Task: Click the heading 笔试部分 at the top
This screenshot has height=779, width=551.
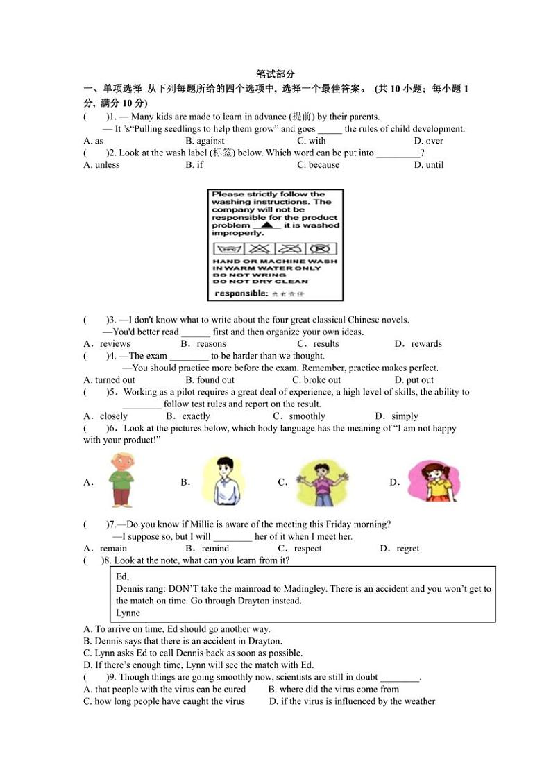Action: pyautogui.click(x=275, y=74)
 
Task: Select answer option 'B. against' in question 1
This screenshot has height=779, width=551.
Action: pyautogui.click(x=205, y=141)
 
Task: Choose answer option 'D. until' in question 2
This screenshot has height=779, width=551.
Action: pyautogui.click(x=428, y=165)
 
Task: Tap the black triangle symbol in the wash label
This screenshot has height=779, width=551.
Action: pyautogui.click(x=267, y=225)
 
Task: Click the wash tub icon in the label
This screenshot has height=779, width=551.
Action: pyautogui.click(x=227, y=248)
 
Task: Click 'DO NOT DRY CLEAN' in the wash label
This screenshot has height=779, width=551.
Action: pyautogui.click(x=260, y=282)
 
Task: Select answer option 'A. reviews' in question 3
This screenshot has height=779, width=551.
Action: pyautogui.click(x=107, y=344)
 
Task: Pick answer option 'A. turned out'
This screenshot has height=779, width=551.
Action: pyautogui.click(x=109, y=380)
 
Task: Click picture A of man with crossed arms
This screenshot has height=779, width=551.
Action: pyautogui.click(x=122, y=480)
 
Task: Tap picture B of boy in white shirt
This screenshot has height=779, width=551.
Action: pyautogui.click(x=223, y=481)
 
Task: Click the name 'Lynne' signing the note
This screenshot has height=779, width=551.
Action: pyautogui.click(x=128, y=613)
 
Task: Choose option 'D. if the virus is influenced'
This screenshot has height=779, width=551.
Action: pyautogui.click(x=352, y=701)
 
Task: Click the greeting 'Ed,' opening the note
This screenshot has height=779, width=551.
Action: pyautogui.click(x=122, y=576)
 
